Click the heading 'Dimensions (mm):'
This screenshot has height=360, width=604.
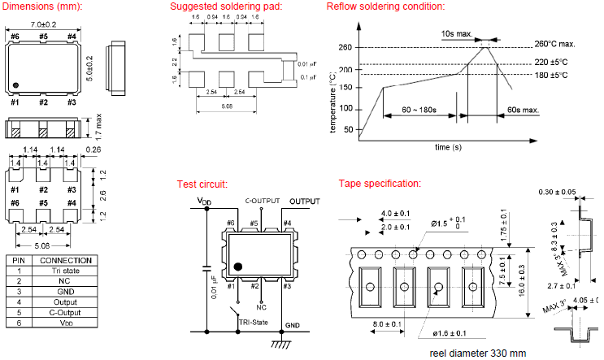click(42, 7)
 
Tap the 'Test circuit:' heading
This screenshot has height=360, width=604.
click(202, 184)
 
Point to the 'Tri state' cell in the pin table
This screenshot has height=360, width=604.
click(67, 272)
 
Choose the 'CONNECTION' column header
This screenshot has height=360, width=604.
click(67, 261)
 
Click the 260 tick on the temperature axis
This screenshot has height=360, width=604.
click(345, 48)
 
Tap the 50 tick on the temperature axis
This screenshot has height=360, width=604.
click(349, 129)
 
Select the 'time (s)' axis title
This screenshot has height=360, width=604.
click(447, 147)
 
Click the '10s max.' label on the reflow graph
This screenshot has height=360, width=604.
click(458, 33)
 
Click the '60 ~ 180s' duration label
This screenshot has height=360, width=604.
click(419, 110)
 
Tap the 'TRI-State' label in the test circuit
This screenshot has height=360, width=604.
click(254, 323)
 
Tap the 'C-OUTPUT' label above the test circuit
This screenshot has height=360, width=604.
click(262, 201)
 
